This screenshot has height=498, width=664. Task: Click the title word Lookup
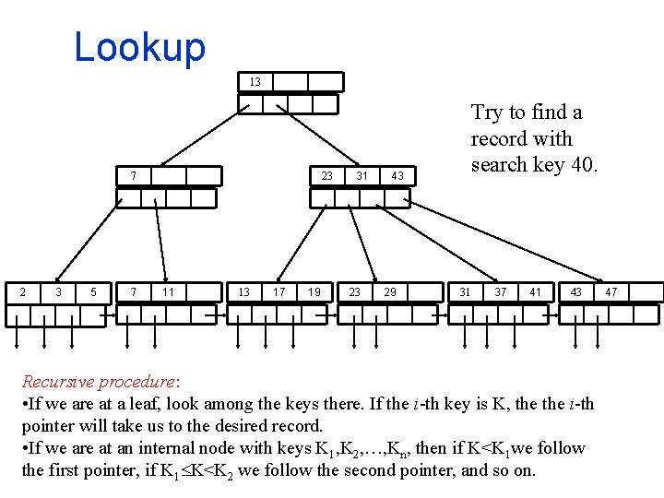pyautogui.click(x=139, y=47)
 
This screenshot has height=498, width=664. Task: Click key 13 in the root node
pyautogui.click(x=255, y=82)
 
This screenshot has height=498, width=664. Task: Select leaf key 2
pyautogui.click(x=23, y=292)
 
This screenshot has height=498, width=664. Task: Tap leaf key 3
pyautogui.click(x=58, y=292)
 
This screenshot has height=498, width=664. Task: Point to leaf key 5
pyautogui.click(x=93, y=292)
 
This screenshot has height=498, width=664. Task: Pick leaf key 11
pyautogui.click(x=168, y=292)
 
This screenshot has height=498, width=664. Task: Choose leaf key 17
pyautogui.click(x=279, y=292)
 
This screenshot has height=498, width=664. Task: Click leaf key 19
pyautogui.click(x=314, y=292)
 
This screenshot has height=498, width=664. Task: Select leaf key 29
pyautogui.click(x=390, y=292)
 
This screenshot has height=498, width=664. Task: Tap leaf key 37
pyautogui.click(x=501, y=292)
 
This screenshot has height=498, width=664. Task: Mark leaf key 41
pyautogui.click(x=536, y=292)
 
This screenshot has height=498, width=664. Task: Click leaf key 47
pyautogui.click(x=611, y=292)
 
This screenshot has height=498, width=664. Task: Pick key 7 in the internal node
pyautogui.click(x=134, y=176)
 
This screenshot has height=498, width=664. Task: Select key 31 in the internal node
pyautogui.click(x=362, y=176)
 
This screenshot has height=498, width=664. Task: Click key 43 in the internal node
pyautogui.click(x=397, y=176)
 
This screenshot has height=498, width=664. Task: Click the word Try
pyautogui.click(x=486, y=113)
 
